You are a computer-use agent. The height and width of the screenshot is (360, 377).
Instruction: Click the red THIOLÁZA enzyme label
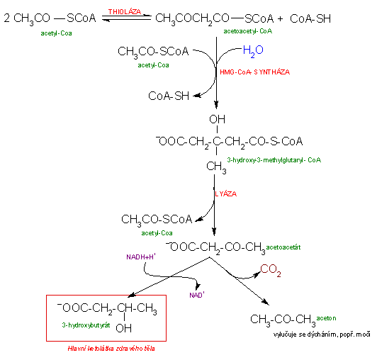125,11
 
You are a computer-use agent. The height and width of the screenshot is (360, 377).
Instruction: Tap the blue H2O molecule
253,51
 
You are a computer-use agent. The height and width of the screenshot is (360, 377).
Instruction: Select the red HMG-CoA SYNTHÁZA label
254,72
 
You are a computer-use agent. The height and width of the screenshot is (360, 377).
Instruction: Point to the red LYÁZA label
225,194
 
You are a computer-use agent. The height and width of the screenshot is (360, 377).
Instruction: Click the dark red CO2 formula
271,270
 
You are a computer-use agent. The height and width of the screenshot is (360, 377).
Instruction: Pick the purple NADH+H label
141,257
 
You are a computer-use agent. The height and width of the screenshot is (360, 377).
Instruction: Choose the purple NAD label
197,295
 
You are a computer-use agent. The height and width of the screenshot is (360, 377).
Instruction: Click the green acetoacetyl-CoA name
247,31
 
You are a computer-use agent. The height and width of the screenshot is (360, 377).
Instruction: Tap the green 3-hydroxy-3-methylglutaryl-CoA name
274,160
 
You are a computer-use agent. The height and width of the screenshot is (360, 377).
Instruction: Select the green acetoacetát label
283,247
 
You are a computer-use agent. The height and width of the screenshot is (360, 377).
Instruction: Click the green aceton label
326,318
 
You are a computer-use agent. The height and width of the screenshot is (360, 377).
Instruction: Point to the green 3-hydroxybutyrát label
86,325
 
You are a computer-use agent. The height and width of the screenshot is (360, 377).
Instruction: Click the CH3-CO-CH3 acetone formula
283,320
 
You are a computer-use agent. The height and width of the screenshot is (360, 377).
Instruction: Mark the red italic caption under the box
111,349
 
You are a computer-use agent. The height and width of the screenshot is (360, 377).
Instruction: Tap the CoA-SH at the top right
310,18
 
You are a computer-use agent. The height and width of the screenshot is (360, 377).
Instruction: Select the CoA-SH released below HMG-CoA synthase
169,96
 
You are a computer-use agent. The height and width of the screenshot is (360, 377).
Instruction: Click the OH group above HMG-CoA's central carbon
217,119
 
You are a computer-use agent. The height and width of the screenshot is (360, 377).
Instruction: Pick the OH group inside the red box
123,328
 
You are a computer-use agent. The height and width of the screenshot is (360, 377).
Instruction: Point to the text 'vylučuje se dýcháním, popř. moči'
322,334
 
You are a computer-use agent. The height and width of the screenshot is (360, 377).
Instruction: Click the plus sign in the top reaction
280,18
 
